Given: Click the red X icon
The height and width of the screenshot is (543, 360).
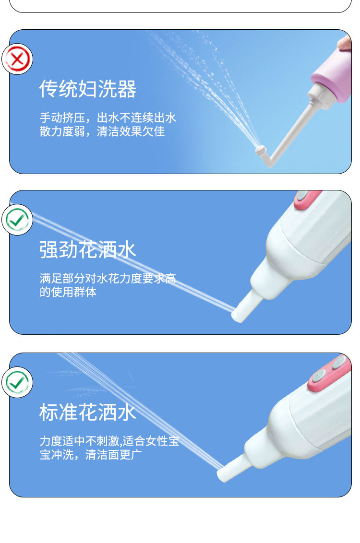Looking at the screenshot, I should click(17, 59).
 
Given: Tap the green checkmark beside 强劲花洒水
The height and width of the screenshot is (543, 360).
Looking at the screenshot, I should click(17, 220).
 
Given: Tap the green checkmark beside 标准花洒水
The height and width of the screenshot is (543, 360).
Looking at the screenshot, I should click(17, 382).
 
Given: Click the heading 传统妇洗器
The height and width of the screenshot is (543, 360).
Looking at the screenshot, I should click(88, 89).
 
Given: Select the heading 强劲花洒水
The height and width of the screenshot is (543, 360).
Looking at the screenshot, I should click(88, 250).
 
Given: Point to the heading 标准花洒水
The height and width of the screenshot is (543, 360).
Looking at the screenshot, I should click(88, 413).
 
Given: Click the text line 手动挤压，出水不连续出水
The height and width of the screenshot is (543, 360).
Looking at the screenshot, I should click(108, 118).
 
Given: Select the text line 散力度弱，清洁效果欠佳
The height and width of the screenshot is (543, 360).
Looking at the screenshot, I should click(102, 131).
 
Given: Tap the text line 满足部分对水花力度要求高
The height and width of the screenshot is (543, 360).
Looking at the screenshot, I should click(108, 279).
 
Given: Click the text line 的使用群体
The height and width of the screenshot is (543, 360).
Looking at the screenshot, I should click(68, 292).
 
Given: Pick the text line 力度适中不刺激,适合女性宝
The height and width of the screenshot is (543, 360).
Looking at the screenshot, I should click(109, 441).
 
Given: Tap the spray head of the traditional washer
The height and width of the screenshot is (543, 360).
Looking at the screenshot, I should click(260, 151).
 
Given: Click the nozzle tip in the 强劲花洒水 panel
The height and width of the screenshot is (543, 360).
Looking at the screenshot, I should click(239, 315).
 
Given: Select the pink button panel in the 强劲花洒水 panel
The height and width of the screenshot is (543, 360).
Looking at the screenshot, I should click(307, 199).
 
